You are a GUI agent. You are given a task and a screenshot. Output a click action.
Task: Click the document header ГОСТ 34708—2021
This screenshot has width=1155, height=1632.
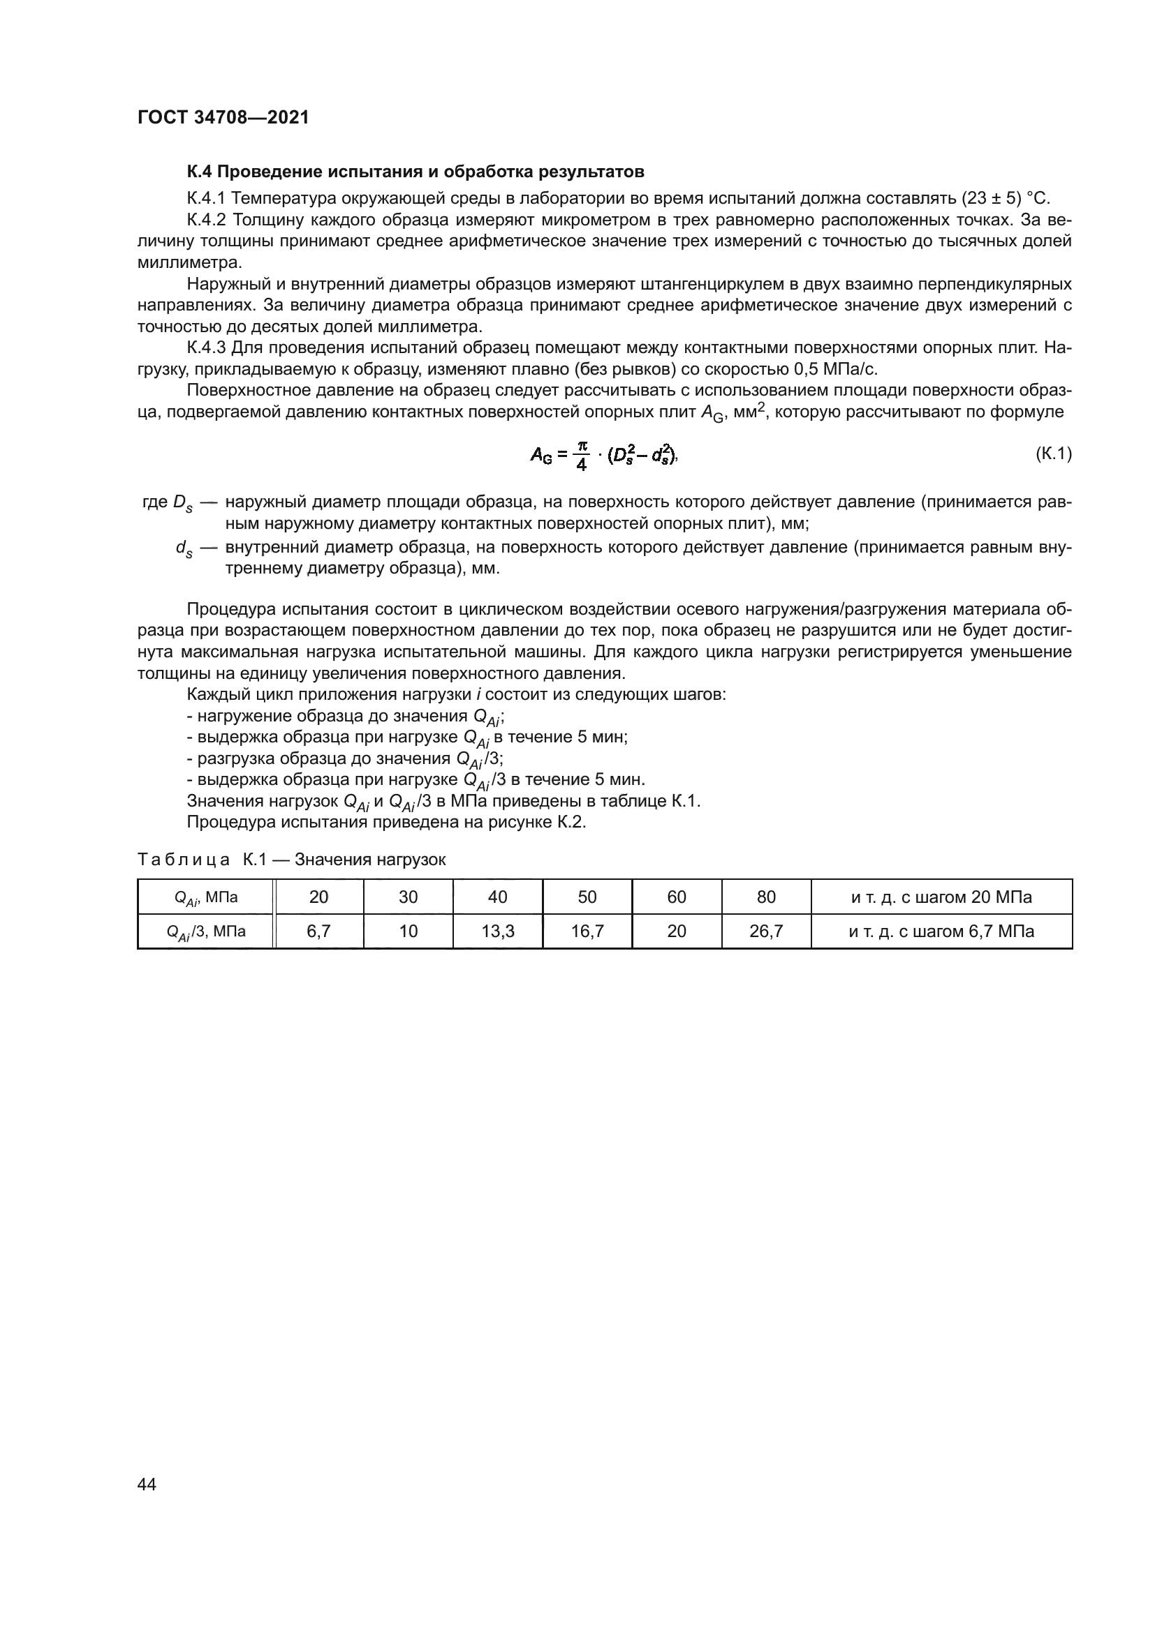pos(223,118)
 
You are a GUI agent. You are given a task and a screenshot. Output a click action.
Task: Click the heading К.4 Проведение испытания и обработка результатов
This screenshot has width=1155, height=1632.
pos(415,172)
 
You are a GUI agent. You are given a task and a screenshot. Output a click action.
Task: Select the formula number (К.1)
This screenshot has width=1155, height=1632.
pos(1053,454)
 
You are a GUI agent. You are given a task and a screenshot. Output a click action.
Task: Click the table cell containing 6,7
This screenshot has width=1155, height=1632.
pos(318,931)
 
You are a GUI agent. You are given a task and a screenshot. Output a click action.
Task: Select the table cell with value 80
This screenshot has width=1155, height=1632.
pos(766,897)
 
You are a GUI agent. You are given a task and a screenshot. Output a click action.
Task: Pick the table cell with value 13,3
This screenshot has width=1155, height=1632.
pos(497,931)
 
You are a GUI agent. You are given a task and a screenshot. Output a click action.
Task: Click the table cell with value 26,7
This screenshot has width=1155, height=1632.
pos(766,931)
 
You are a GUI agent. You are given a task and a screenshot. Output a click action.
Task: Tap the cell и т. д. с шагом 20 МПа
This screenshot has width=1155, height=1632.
pos(941,897)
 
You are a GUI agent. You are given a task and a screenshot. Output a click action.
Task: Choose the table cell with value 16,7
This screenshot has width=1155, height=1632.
pos(587,931)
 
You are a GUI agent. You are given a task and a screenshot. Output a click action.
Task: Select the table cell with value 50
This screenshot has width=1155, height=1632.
pos(587,897)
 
